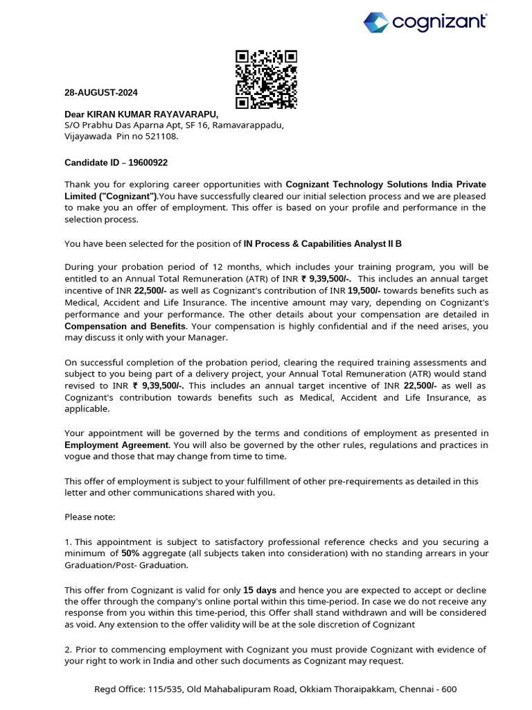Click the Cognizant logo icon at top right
pos(376,22)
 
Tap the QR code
pos(266,80)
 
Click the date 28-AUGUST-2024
pos(101,92)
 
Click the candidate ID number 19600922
pos(146,162)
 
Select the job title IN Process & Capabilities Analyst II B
pos(322,244)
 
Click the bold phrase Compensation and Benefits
pos(125,326)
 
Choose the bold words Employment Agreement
pos(116,444)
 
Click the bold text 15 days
pos(260,589)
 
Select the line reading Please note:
pos(90,517)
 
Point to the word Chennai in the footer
pos(416,689)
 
